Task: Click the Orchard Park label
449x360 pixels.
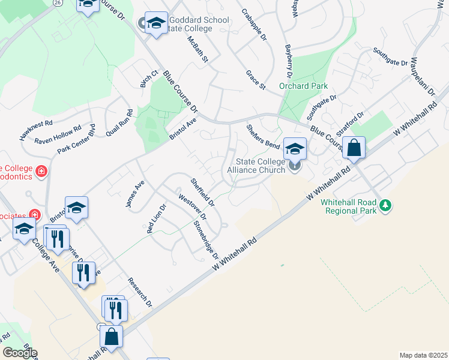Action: pos(303,86)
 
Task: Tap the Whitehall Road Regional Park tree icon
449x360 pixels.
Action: pos(385,206)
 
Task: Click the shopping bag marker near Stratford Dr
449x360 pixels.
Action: pos(354,148)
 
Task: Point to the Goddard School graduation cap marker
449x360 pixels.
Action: pos(156,25)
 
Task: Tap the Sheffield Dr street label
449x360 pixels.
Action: pos(202,193)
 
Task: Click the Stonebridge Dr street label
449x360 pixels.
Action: pos(206,240)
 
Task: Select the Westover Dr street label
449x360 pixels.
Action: pos(192,205)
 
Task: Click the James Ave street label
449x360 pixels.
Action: pos(135,196)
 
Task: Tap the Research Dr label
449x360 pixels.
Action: pos(140,293)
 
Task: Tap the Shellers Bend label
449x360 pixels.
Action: pos(264,136)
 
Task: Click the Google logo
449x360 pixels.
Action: pos(19,353)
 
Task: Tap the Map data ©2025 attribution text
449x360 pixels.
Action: pos(423,355)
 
